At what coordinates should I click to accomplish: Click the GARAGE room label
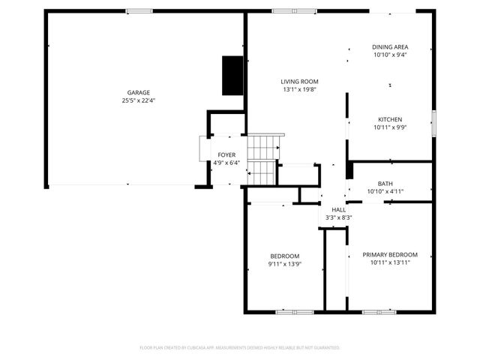138,92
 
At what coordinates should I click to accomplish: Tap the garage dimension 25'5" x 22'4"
138,100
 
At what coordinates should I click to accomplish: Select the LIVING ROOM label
300,81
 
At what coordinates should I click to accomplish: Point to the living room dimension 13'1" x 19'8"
300,89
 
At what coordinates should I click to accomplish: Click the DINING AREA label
390,46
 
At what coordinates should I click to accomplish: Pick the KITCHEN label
390,119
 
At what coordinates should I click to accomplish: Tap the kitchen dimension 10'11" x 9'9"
390,127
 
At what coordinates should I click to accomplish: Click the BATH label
385,183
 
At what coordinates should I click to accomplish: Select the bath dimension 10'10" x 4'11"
385,191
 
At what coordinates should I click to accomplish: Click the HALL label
339,209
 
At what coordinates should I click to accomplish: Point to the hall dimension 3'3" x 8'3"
339,217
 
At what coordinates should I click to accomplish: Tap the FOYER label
226,154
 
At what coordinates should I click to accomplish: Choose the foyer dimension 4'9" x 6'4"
226,163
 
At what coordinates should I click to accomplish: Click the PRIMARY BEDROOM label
390,254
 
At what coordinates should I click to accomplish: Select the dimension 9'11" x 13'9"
284,264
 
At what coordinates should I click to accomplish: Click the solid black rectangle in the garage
232,75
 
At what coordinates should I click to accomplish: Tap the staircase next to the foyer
263,159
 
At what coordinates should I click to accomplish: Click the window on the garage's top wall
139,10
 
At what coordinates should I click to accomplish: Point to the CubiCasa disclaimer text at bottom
240,348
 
